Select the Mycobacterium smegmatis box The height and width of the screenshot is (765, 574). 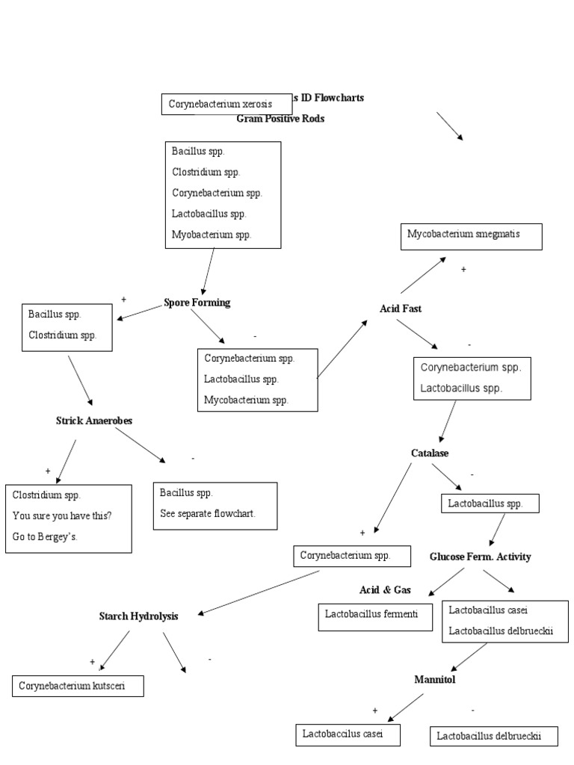pos(471,235)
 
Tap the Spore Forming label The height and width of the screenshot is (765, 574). pos(197,303)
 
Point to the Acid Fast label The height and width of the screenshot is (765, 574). pos(401,309)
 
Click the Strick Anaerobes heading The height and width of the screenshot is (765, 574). pos(94,421)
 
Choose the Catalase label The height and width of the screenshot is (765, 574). pos(430,453)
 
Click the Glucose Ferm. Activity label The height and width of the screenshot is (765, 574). pos(480,557)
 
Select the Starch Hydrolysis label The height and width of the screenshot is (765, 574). pos(139,616)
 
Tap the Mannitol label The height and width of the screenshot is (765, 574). pos(435,679)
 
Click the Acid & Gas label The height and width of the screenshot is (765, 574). pos(385,589)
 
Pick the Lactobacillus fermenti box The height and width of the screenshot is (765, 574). pos(375,616)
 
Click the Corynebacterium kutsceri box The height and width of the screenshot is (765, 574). pos(78,685)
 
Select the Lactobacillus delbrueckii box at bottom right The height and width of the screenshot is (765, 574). pos(495,737)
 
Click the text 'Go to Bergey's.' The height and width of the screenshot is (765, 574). pos(47,537)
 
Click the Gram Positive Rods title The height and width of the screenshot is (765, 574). pos(280,119)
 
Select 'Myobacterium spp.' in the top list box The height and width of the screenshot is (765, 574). pos(212,235)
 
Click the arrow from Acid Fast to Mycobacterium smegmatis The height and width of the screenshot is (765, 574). pos(423,275)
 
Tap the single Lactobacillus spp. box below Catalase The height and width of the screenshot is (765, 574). pos(490,504)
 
